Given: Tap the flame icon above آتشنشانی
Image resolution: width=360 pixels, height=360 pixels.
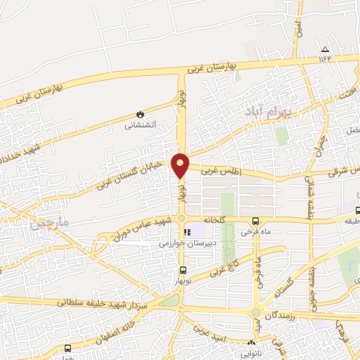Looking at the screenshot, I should pyautogui.click(x=141, y=113).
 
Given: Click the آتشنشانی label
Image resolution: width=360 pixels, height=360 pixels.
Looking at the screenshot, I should pyautogui.click(x=141, y=126).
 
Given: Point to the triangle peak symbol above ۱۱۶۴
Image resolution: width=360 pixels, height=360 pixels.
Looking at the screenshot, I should pyautogui.click(x=325, y=49).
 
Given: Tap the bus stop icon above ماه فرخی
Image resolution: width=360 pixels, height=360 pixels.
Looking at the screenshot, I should pyautogui.click(x=255, y=220).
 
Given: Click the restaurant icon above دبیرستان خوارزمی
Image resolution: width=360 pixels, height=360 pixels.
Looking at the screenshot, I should pyautogui.click(x=187, y=231).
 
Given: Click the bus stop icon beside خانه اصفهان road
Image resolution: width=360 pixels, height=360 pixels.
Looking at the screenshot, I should pyautogui.click(x=67, y=348).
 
